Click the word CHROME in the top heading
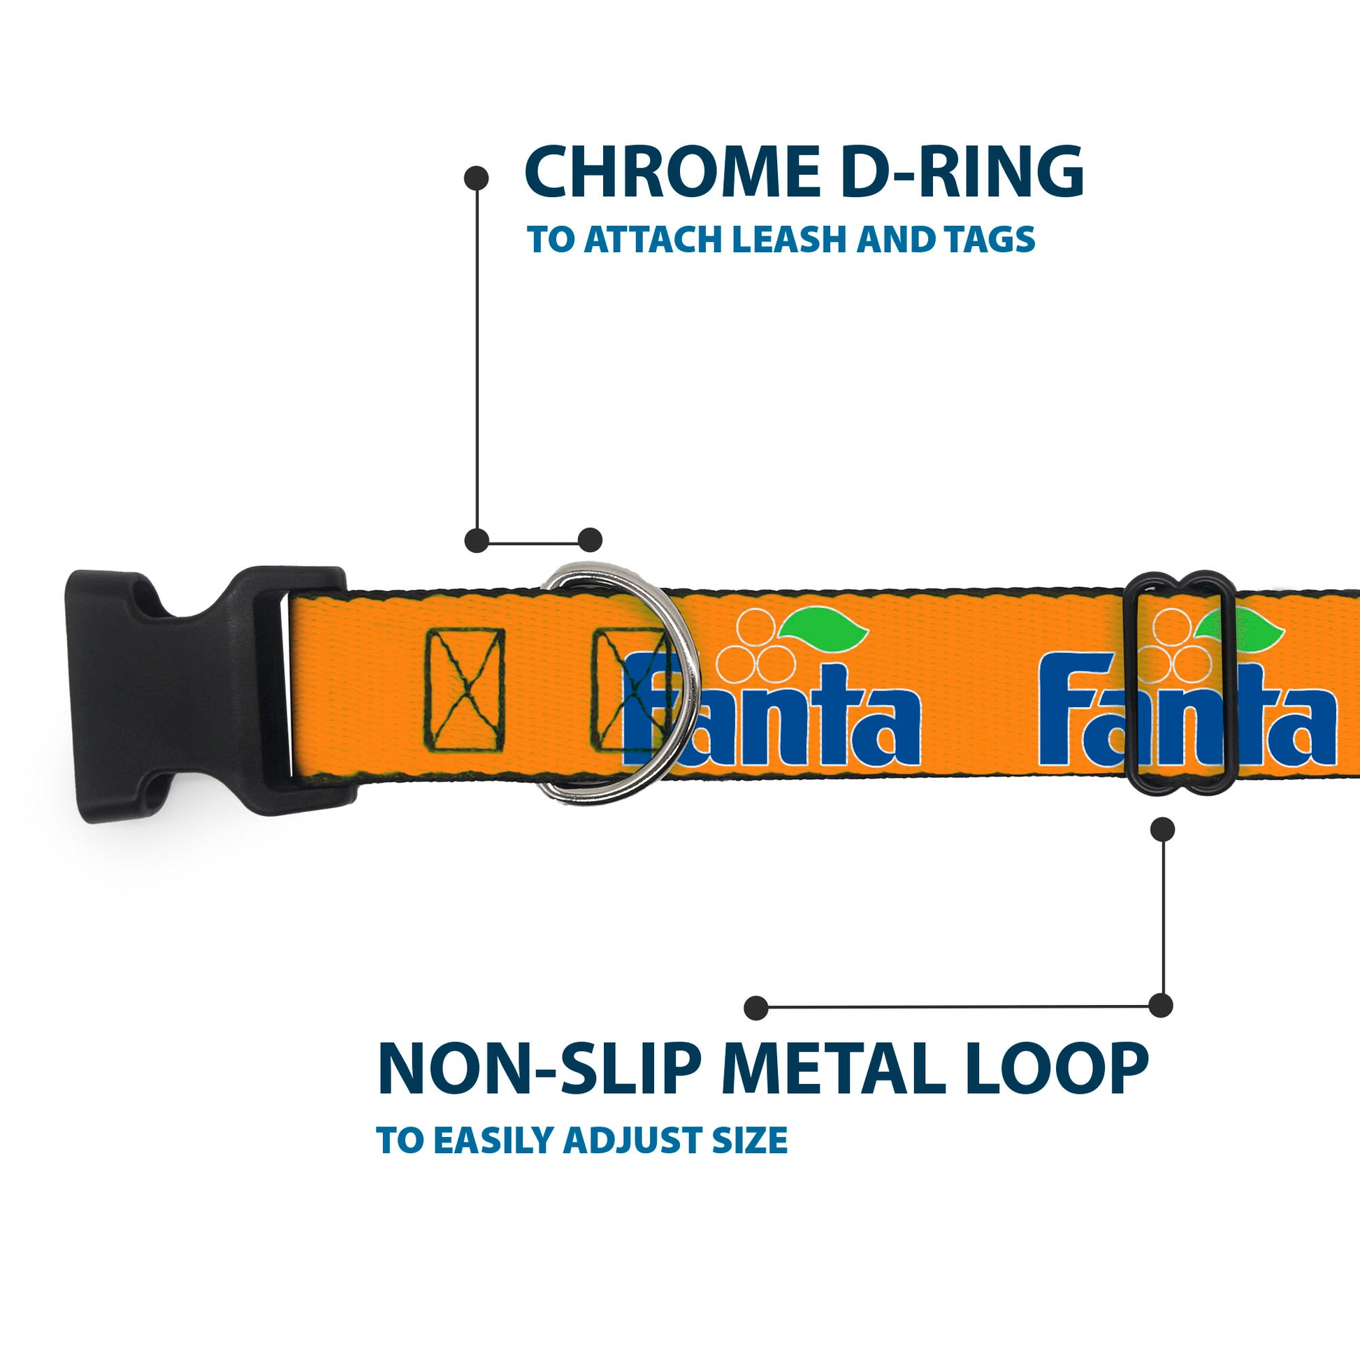(672, 173)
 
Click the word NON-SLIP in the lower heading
(540, 1070)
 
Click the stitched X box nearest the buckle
(464, 690)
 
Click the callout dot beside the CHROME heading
(477, 178)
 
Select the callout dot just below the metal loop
(1162, 830)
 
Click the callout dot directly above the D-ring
(590, 541)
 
